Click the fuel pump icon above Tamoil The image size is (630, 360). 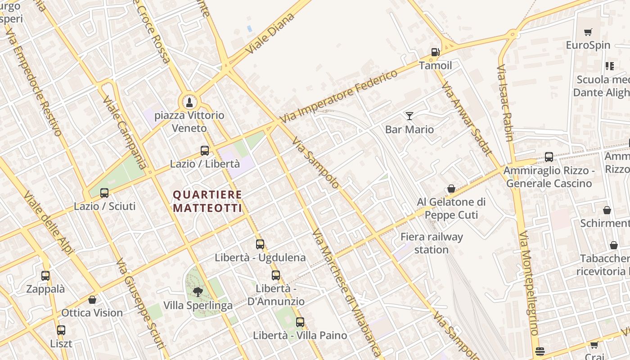click(x=435, y=52)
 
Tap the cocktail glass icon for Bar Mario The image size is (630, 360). click(x=409, y=116)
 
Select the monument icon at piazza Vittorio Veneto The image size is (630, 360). click(x=189, y=102)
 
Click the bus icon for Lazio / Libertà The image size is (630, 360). click(x=205, y=151)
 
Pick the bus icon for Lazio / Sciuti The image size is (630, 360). click(x=104, y=193)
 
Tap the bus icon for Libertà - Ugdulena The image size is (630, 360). click(x=260, y=244)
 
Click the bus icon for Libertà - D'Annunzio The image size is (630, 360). click(x=276, y=275)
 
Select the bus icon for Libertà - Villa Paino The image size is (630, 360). click(x=300, y=322)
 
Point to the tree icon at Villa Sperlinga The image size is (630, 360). click(x=198, y=292)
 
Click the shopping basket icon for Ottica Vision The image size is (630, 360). click(x=92, y=300)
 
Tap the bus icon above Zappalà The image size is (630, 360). click(x=45, y=276)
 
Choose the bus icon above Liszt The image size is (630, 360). click(x=61, y=330)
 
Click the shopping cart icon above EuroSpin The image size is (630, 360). click(x=588, y=32)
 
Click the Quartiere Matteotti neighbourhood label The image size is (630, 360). click(x=207, y=201)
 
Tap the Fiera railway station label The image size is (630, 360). click(x=431, y=243)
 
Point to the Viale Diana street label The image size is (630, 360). click(x=270, y=34)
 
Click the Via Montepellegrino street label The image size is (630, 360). click(x=528, y=283)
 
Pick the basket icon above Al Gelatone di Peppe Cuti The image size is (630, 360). click(x=451, y=189)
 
